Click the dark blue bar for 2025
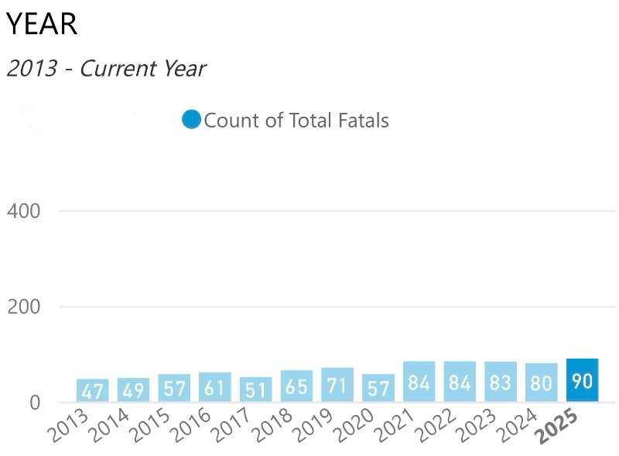pos(582,380)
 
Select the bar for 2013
pos(92,390)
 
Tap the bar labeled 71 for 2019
pos(337,385)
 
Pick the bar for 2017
pos(255,390)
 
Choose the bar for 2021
pos(419,382)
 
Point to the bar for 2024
pos(541,383)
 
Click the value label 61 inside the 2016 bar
pos(214,387)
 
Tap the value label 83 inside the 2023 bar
pos(501,383)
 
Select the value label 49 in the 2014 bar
pos(133,390)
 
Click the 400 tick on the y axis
pos(23,211)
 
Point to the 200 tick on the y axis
pos(23,307)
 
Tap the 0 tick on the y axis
pos(34,402)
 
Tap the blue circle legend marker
pos(191,120)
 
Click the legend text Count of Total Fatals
pos(296,121)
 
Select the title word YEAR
pos(42,25)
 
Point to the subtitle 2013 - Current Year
pos(106,68)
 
